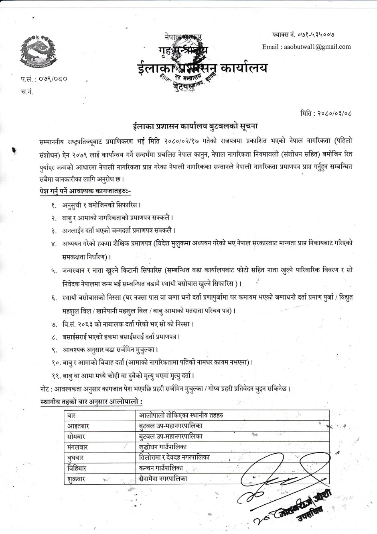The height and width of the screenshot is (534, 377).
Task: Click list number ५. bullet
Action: tap(54, 271)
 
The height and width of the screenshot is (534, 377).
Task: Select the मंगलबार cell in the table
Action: tap(78, 447)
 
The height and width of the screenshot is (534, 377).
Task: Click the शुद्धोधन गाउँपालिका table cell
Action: tap(163, 446)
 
